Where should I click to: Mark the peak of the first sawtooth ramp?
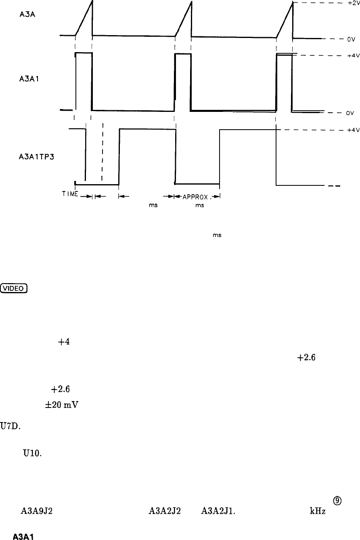(92, 1)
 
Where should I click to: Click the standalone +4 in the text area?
(63, 341)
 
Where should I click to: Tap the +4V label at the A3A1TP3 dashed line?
(353, 130)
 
